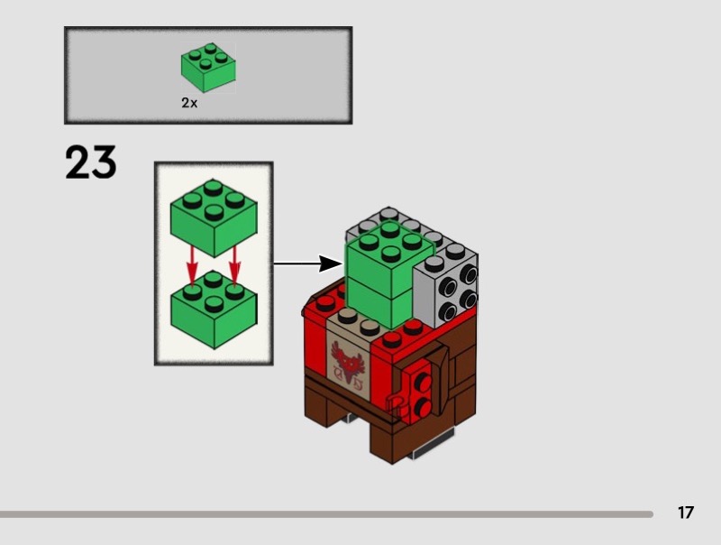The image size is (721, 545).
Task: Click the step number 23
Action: pyautogui.click(x=91, y=162)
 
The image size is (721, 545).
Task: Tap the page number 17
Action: pyautogui.click(x=685, y=513)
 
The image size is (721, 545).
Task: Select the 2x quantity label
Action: pyautogui.click(x=189, y=103)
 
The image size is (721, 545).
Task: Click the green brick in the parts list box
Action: pyautogui.click(x=208, y=68)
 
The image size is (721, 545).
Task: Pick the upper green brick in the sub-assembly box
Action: pyautogui.click(x=214, y=217)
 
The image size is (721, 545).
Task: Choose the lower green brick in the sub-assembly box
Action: pyautogui.click(x=214, y=309)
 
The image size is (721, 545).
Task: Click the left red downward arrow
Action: pyautogui.click(x=192, y=267)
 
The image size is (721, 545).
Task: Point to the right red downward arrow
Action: pyautogui.click(x=235, y=266)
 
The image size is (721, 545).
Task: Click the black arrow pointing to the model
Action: pyautogui.click(x=308, y=263)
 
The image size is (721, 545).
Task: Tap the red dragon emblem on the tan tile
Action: pyautogui.click(x=348, y=364)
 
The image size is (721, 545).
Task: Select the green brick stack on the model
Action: pyautogui.click(x=390, y=275)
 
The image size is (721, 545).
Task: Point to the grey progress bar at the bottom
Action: pyautogui.click(x=326, y=514)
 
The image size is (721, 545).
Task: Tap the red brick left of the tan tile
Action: pyautogui.click(x=315, y=346)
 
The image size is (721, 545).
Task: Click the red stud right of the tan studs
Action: pyautogui.click(x=392, y=339)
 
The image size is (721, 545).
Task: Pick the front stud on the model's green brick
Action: pyautogui.click(x=390, y=254)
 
